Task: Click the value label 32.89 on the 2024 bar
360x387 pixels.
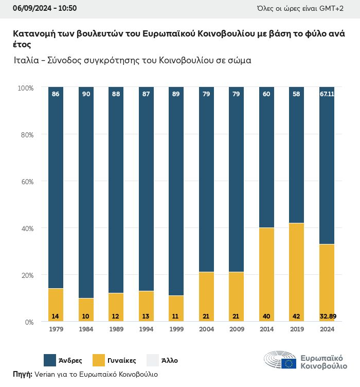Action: click(x=327, y=315)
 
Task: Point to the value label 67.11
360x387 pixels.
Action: click(x=327, y=94)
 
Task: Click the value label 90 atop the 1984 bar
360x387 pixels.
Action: click(x=86, y=94)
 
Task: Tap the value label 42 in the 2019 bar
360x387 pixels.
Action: click(x=296, y=315)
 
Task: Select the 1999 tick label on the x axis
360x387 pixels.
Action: click(x=176, y=329)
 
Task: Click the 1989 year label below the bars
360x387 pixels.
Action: click(x=116, y=329)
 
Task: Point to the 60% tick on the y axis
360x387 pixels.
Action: click(x=26, y=182)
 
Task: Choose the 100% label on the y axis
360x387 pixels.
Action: click(x=25, y=88)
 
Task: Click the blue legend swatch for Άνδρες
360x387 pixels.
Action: click(x=50, y=360)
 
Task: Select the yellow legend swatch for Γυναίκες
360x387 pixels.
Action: click(x=100, y=360)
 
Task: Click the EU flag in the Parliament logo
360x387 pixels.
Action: click(x=289, y=363)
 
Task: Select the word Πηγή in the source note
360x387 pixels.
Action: click(x=22, y=374)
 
